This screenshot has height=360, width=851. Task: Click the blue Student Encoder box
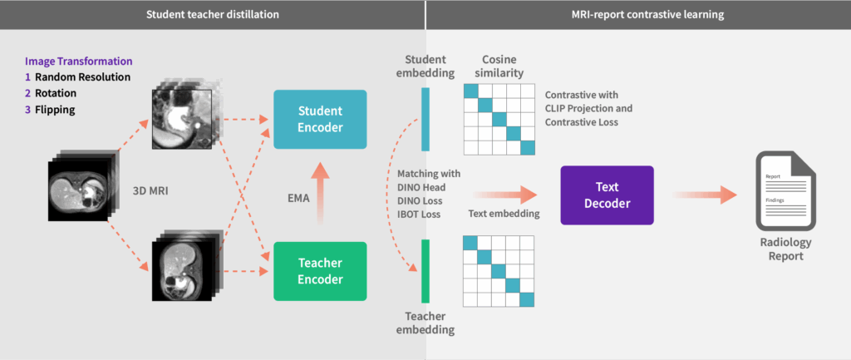pyautogui.click(x=319, y=120)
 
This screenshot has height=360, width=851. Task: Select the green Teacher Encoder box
pyautogui.click(x=319, y=271)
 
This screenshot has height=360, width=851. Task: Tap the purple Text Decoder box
pyautogui.click(x=607, y=195)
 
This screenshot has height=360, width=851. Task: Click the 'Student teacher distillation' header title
pyautogui.click(x=212, y=14)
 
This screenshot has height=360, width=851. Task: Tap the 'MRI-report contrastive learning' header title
pyautogui.click(x=638, y=14)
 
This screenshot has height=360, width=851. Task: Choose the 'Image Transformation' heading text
pyautogui.click(x=79, y=62)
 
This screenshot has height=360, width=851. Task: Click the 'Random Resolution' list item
pyautogui.click(x=82, y=77)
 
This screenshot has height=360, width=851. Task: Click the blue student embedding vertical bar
pyautogui.click(x=425, y=120)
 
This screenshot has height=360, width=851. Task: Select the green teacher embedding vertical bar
pyautogui.click(x=425, y=270)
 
